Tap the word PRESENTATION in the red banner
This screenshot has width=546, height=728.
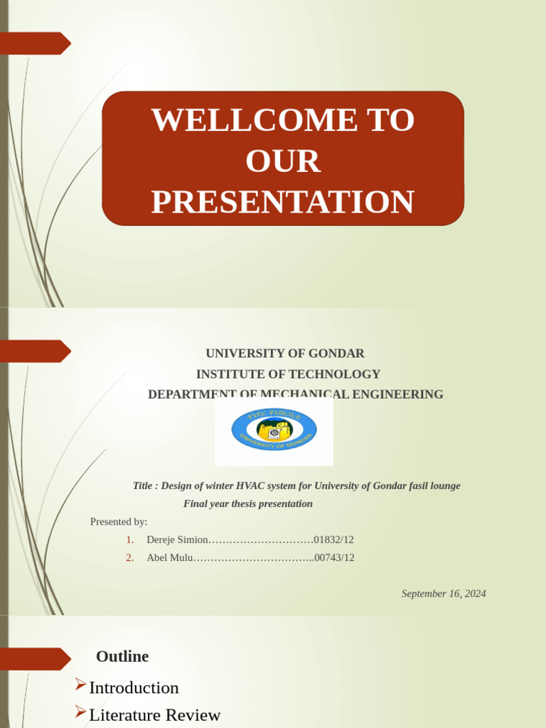pos(282,202)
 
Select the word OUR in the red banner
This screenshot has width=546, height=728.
pos(283,161)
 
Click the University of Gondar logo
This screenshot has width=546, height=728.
pos(274,430)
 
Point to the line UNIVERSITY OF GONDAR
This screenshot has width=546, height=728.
pos(285,353)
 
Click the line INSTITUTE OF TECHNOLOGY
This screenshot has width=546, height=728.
pos(288,374)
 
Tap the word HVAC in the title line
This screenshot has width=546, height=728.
pos(258,486)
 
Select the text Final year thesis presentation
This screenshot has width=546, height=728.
pos(248,504)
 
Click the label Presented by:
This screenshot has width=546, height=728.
pos(119,522)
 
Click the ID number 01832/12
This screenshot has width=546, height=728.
pos(333,540)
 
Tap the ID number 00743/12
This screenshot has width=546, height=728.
pos(334,557)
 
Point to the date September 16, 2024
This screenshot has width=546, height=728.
pos(444,594)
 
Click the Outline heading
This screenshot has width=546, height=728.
pos(122,656)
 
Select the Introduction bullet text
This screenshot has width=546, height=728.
pos(134,687)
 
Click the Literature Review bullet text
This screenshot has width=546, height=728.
pos(154,714)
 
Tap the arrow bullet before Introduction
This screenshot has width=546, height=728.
pos(80,685)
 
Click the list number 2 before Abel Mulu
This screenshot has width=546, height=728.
pos(129,557)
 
